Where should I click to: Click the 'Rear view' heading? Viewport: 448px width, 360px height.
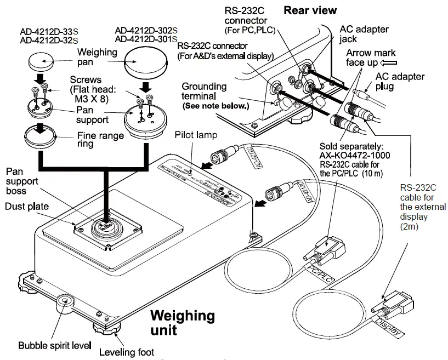(310, 10)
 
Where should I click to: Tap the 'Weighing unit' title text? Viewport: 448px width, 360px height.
(183, 323)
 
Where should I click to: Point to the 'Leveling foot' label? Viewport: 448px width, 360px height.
(126, 352)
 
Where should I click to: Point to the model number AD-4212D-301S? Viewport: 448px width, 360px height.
(146, 39)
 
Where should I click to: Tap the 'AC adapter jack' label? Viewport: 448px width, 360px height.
(364, 33)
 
